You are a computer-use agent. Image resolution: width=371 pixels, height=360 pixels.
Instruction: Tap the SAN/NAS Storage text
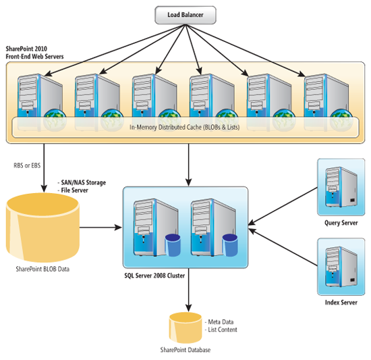coord(83,183)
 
